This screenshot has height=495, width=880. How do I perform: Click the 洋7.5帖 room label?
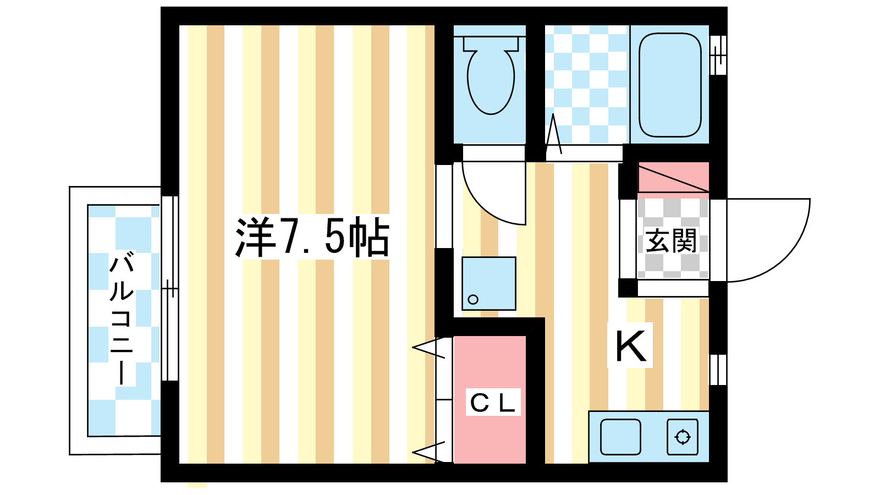tap(312, 237)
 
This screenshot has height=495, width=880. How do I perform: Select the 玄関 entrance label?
tap(672, 241)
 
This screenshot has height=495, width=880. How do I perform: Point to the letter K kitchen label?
tap(630, 346)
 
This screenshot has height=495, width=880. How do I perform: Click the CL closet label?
tap(493, 403)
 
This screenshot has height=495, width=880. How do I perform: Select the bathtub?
tap(670, 85)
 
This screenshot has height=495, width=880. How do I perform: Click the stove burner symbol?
tap(683, 437)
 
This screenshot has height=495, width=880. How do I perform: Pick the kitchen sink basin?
tap(620, 437)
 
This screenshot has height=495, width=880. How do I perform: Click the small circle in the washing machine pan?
tap(473, 300)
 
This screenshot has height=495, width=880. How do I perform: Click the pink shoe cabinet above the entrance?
tap(673, 177)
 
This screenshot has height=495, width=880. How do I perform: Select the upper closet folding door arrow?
tap(429, 348)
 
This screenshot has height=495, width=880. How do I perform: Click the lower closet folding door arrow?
tap(429, 452)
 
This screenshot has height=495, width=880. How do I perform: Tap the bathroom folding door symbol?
tap(554, 135)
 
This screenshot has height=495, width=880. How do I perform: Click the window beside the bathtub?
tap(718, 55)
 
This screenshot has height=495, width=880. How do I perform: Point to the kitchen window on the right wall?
tap(718, 369)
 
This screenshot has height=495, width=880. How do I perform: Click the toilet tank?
tap(491, 43)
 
